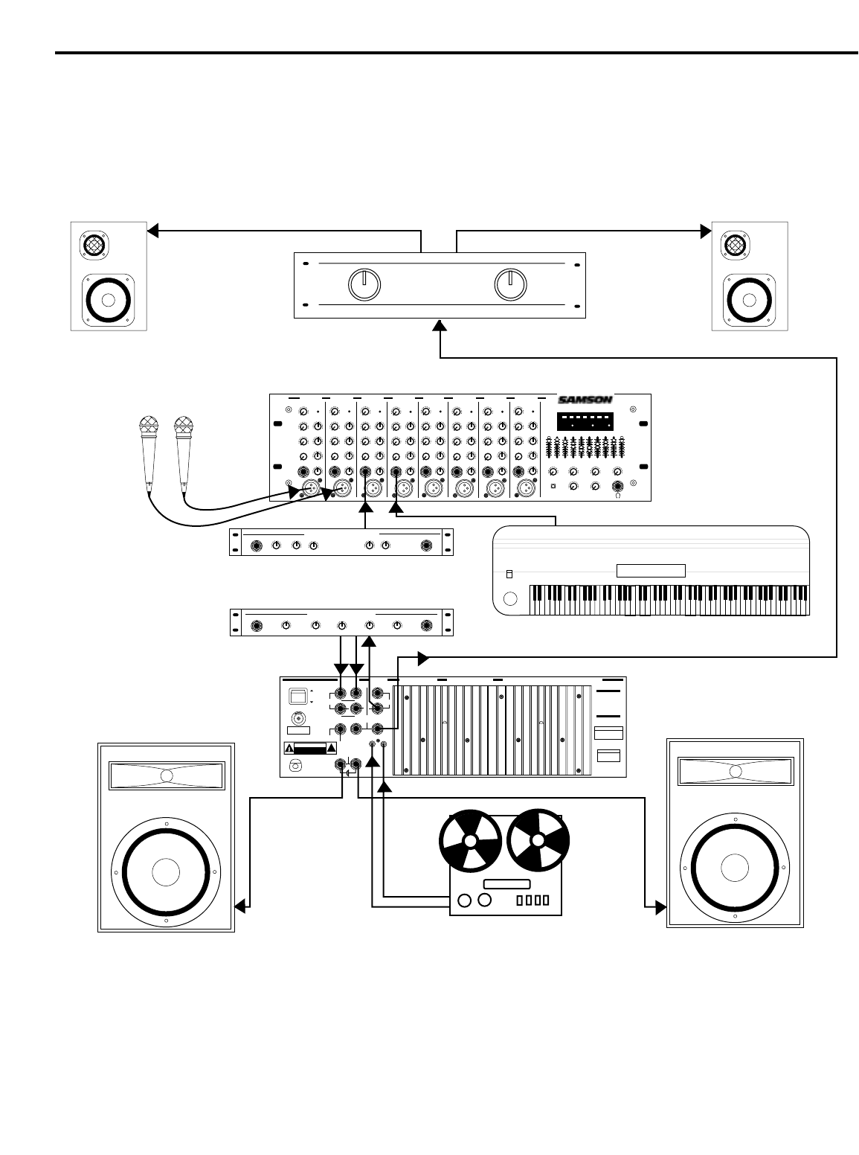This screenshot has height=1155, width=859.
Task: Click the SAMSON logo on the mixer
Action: click(585, 400)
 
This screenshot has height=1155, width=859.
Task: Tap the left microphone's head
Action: click(149, 428)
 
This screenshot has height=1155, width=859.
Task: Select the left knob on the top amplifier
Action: click(364, 285)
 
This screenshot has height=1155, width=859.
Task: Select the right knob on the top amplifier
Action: click(511, 285)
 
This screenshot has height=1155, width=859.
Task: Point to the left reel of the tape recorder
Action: click(471, 842)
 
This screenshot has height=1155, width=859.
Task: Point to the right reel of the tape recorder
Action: click(538, 842)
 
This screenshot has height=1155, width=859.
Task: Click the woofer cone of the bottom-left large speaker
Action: click(167, 872)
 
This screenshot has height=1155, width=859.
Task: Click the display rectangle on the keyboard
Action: click(651, 572)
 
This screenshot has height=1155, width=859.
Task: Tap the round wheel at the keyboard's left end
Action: click(510, 599)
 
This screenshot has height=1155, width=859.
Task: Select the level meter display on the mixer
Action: click(585, 422)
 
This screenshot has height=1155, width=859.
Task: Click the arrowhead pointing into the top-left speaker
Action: click(152, 231)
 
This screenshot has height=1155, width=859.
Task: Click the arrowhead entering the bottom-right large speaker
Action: click(660, 906)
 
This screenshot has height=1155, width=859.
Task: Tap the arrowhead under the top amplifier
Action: click(440, 325)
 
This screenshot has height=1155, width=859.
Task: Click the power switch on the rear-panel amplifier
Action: click(297, 697)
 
